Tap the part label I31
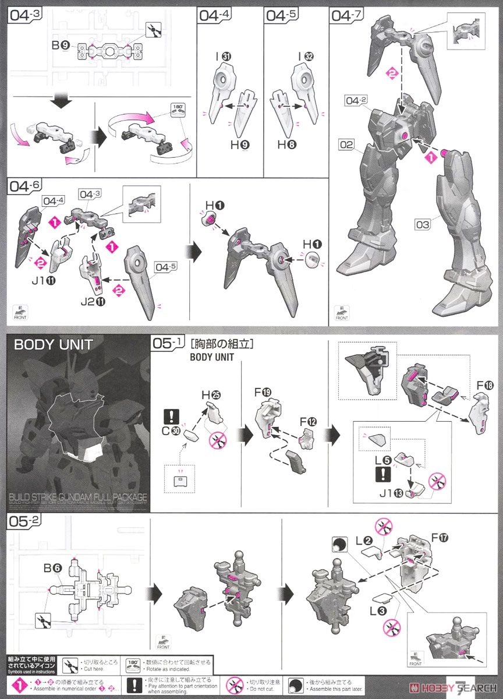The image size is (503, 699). click(222, 57)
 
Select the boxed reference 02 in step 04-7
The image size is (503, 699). click(346, 144)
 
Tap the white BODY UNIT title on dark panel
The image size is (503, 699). click(53, 344)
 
